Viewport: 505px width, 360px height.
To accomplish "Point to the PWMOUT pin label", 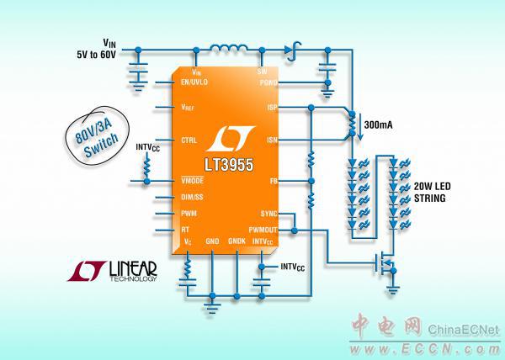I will [x=260, y=227].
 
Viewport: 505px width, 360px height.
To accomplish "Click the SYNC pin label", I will [x=267, y=212].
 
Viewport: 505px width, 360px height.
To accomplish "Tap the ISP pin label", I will [x=270, y=107].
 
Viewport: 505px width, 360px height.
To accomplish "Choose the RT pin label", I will [x=187, y=227].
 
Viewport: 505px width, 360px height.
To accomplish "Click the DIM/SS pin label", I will [x=194, y=198].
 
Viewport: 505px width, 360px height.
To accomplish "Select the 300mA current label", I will [x=379, y=124].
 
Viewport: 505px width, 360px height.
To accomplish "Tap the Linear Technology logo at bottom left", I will [x=112, y=272].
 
